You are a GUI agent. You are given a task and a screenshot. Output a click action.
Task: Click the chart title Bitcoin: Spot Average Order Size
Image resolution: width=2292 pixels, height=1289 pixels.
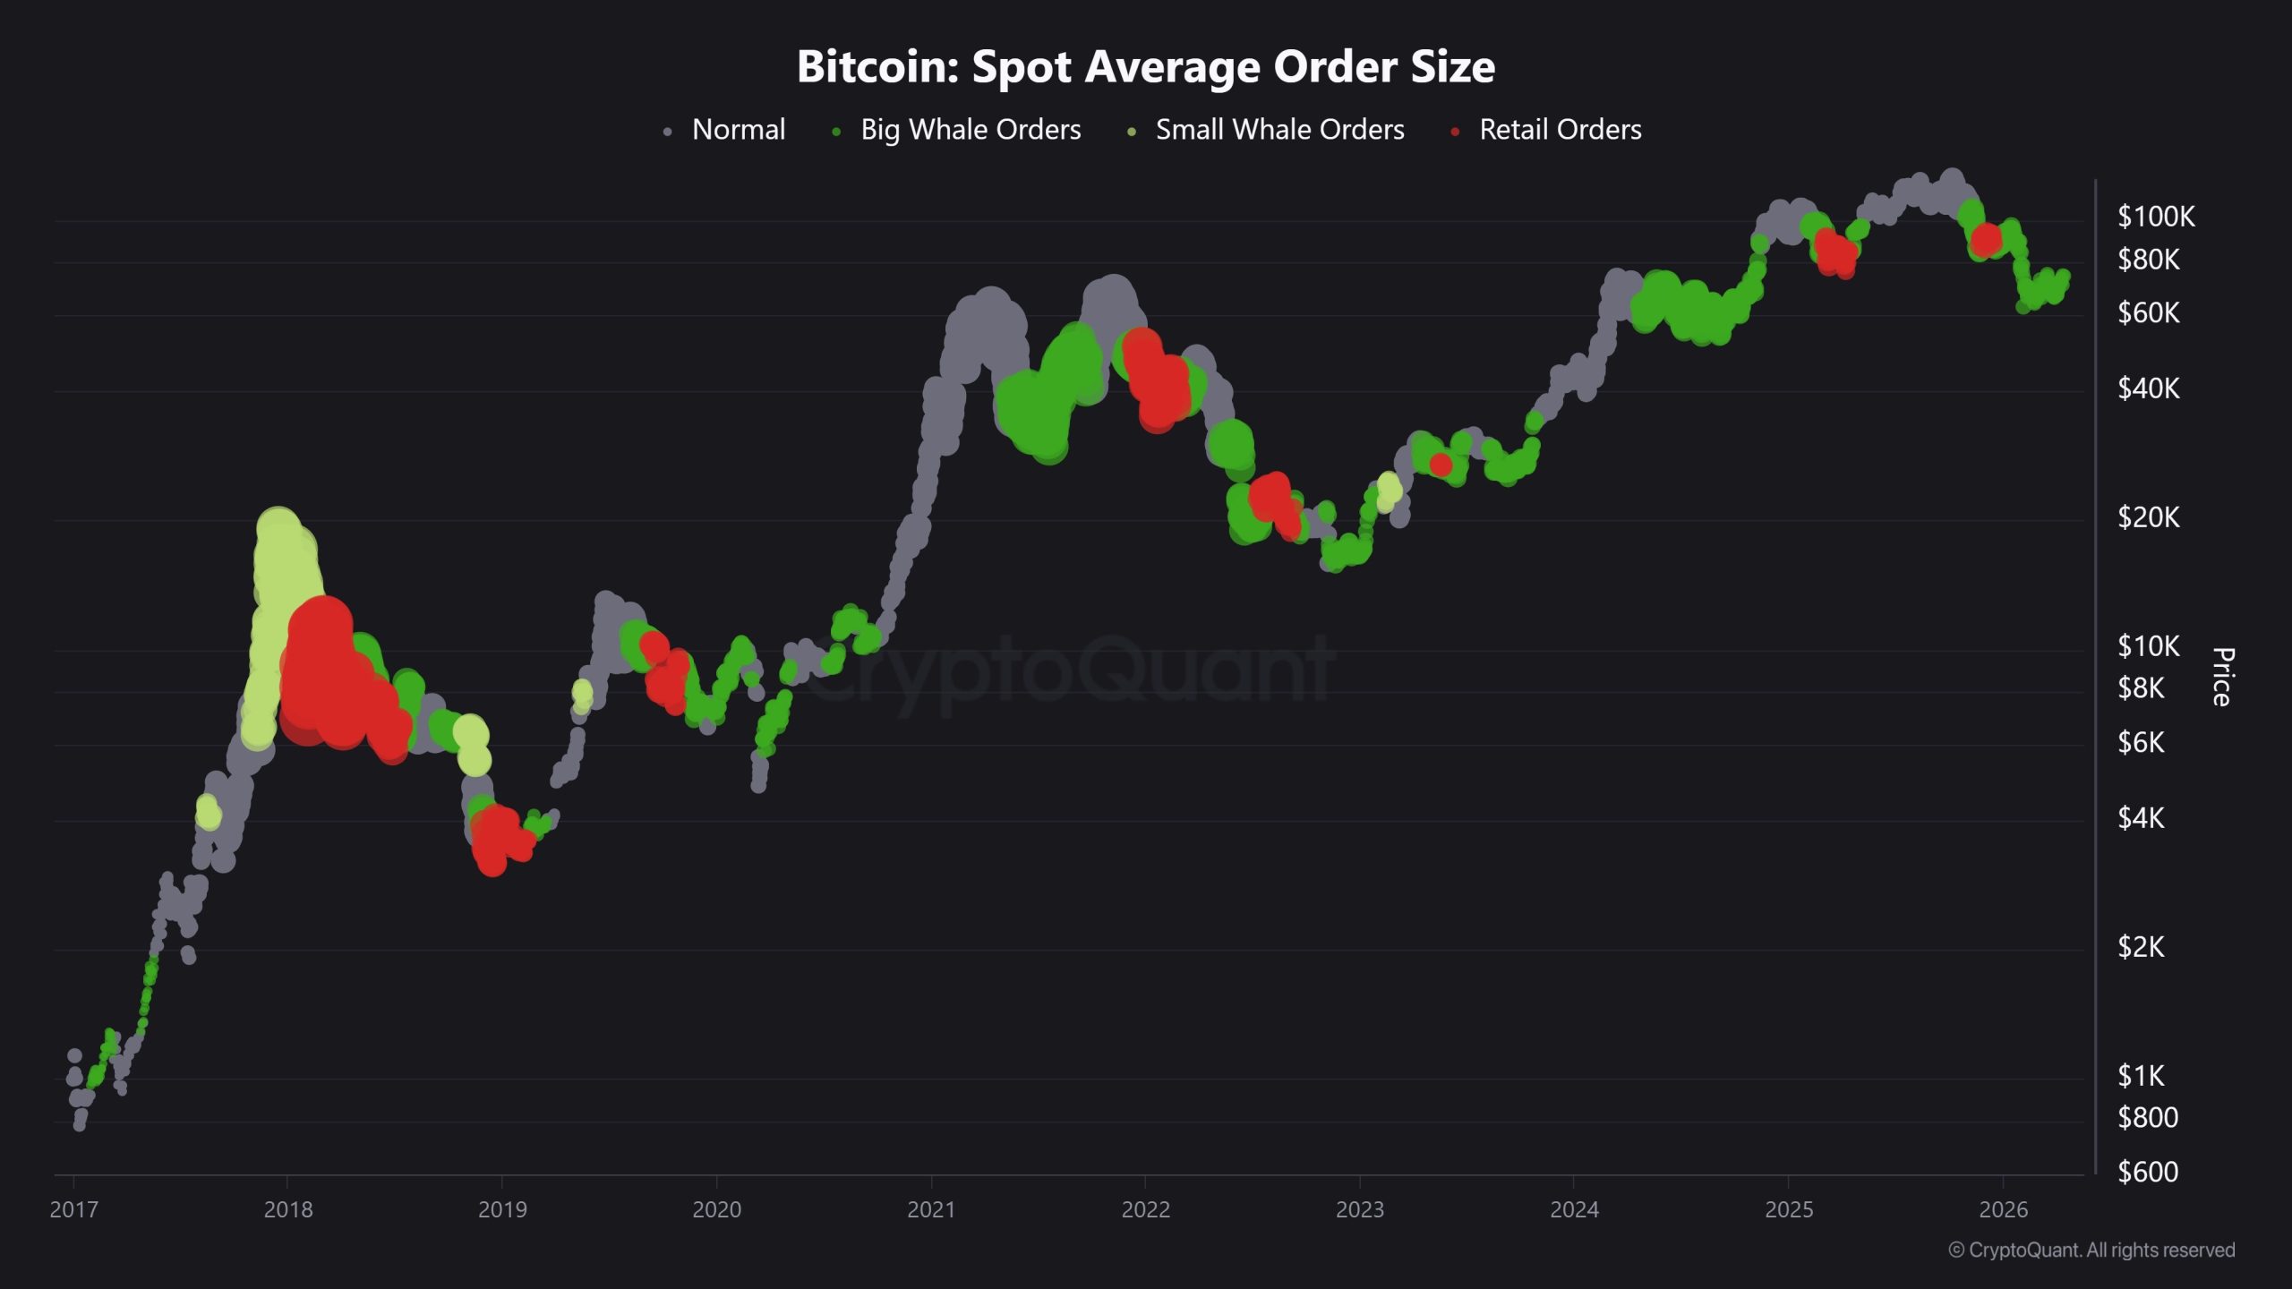[x=1145, y=66]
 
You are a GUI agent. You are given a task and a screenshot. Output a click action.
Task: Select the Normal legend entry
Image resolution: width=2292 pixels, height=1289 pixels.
[x=738, y=130]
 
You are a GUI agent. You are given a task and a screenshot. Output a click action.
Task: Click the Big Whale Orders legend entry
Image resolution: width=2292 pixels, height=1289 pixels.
[x=970, y=130]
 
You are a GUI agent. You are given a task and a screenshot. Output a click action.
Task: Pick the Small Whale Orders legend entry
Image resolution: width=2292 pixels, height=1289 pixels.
[x=1279, y=130]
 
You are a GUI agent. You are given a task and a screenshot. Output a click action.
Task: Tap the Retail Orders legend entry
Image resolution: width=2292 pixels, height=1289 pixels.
[x=1560, y=130]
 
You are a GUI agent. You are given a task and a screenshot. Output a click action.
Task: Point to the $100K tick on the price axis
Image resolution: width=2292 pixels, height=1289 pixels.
[x=2155, y=217]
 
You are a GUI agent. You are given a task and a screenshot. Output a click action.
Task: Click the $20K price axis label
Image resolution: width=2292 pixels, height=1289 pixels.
[x=2148, y=517]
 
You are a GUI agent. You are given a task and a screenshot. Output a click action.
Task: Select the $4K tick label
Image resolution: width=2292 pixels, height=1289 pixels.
[x=2141, y=818]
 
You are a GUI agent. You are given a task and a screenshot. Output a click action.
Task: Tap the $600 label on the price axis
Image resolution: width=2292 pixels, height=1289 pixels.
[x=2147, y=1172]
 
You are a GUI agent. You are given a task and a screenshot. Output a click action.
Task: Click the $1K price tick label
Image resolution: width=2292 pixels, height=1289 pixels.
[x=2141, y=1076]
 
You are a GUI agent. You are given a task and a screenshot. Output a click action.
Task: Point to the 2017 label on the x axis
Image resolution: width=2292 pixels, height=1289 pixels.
[x=73, y=1209]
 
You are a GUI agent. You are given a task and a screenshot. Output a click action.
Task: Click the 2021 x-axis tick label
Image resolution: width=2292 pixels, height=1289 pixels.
[x=931, y=1209]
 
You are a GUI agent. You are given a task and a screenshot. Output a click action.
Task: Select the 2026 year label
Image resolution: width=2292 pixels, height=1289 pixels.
[x=2003, y=1209]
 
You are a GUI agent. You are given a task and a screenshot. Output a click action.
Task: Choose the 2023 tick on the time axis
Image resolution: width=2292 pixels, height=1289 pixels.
[x=1359, y=1209]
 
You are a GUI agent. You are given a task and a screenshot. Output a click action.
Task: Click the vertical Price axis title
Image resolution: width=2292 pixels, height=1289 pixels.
[x=2222, y=677]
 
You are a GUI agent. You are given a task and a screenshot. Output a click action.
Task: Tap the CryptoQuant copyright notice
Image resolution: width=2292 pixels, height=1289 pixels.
[x=2091, y=1251]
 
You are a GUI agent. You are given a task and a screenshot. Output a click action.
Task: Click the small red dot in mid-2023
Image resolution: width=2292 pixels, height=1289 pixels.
[x=1441, y=465]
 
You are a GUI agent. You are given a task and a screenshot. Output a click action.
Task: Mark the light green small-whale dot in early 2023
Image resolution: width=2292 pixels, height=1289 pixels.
[x=1389, y=489]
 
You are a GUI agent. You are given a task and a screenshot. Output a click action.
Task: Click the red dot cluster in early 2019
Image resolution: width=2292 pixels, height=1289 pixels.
[x=495, y=837]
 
